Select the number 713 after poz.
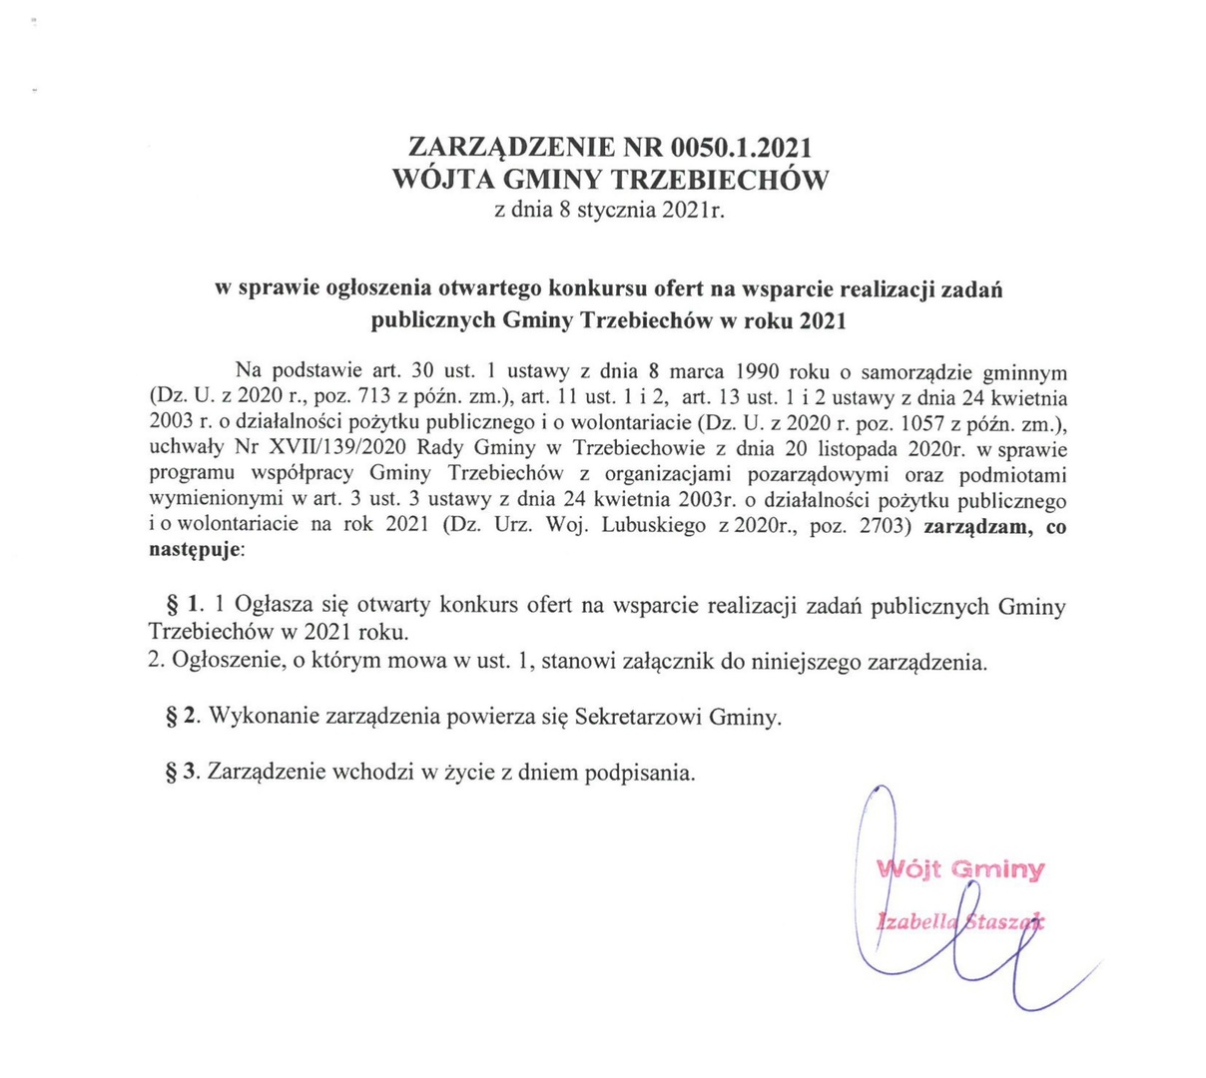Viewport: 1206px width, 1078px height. [374, 394]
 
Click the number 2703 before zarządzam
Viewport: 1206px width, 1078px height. [880, 526]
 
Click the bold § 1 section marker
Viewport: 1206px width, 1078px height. [183, 605]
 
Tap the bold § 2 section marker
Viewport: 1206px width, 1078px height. [183, 717]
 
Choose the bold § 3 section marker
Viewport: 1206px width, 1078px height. [183, 773]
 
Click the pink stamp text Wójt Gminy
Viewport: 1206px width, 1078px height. [960, 868]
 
